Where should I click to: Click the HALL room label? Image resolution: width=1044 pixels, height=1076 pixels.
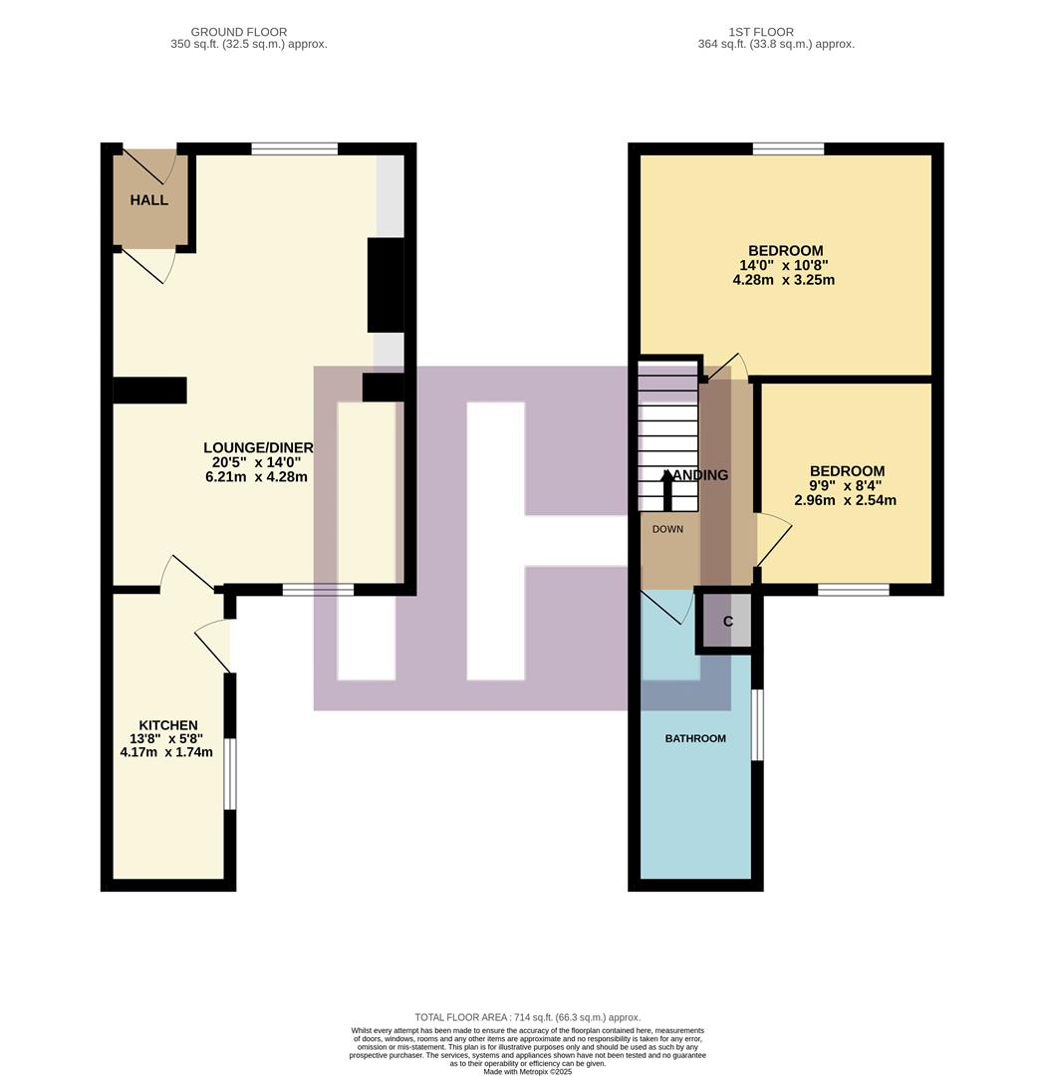tap(148, 200)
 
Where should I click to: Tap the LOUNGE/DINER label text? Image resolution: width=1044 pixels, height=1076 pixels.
tap(258, 448)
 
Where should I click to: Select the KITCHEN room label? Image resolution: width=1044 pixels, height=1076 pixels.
tap(167, 725)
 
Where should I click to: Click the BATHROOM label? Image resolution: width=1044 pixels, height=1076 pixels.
tap(695, 738)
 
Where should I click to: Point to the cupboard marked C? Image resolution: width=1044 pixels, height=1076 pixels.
tap(727, 622)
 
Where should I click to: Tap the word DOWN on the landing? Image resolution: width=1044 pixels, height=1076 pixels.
tap(667, 529)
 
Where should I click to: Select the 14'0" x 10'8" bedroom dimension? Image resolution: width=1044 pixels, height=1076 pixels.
tap(783, 266)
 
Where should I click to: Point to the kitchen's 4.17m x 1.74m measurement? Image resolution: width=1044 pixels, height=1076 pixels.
tap(166, 753)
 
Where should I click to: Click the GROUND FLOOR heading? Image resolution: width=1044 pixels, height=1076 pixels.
tap(248, 32)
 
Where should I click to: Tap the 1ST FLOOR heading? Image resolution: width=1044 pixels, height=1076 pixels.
tap(776, 32)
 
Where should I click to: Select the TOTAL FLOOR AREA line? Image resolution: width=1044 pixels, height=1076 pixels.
tap(527, 1017)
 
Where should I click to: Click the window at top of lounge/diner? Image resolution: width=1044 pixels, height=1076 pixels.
tap(294, 149)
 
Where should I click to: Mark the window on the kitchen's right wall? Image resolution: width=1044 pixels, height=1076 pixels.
tap(229, 774)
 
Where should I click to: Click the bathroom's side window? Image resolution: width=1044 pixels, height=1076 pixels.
tap(757, 724)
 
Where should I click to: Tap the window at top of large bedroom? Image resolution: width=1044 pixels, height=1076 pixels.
tap(788, 149)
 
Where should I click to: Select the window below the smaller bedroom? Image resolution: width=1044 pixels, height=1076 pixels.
tap(853, 590)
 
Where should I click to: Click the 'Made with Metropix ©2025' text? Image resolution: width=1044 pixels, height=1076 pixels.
tap(529, 1071)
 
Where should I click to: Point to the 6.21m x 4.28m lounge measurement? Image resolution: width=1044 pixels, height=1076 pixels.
tap(256, 477)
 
